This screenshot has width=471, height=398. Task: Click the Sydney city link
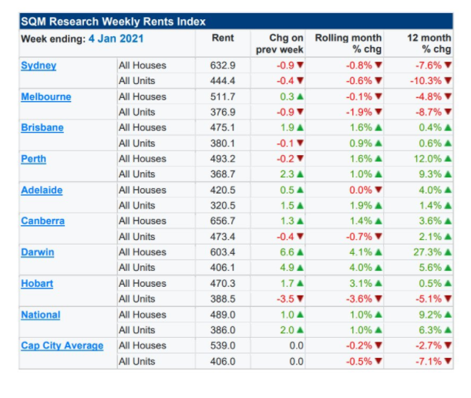[39, 66]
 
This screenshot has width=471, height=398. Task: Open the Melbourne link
[46, 96]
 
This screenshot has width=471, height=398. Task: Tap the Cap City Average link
[62, 346]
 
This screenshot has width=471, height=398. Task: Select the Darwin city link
[38, 252]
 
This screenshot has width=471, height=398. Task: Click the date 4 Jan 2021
[116, 39]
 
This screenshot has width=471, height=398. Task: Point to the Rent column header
[223, 38]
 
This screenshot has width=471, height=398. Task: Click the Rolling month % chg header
[348, 43]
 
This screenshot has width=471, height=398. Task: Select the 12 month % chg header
[429, 43]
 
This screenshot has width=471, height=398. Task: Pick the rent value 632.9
[223, 66]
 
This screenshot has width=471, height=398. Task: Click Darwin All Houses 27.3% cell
[427, 252]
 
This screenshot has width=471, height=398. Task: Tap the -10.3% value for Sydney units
[426, 81]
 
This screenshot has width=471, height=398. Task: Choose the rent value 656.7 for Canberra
[223, 221]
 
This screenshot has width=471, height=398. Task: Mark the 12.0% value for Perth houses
[428, 159]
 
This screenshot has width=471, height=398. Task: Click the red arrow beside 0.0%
[378, 190]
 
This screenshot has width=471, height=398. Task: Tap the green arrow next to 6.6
[300, 252]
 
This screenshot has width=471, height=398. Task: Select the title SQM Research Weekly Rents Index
[113, 22]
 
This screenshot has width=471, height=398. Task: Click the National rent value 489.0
[223, 315]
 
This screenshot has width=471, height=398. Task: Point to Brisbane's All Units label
[136, 143]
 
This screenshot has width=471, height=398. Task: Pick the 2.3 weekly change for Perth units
[287, 174]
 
